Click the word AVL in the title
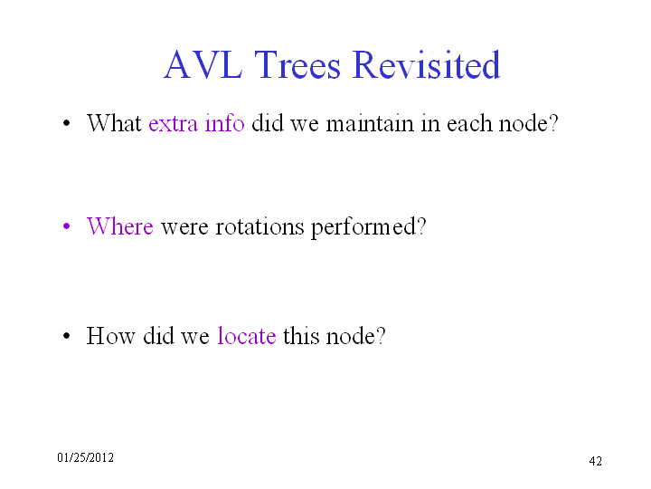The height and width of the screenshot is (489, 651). pyautogui.click(x=203, y=64)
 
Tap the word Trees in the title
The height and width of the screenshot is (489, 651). pyautogui.click(x=297, y=64)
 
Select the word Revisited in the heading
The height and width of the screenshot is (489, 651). pyautogui.click(x=427, y=64)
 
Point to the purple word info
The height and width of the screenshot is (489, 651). pyautogui.click(x=224, y=123)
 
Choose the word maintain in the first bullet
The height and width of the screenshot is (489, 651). pyautogui.click(x=370, y=123)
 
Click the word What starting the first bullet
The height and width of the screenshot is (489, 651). pyautogui.click(x=114, y=123)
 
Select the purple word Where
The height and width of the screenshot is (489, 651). pyautogui.click(x=120, y=226)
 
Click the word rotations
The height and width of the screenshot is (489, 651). pyautogui.click(x=259, y=227)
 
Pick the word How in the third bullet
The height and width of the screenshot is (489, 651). pyautogui.click(x=111, y=336)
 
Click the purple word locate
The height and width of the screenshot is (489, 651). pyautogui.click(x=247, y=336)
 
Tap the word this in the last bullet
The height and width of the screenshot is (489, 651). pyautogui.click(x=301, y=336)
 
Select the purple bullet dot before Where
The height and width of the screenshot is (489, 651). pyautogui.click(x=66, y=226)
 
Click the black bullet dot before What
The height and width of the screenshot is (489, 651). pyautogui.click(x=66, y=123)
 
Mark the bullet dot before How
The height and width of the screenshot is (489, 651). pyautogui.click(x=66, y=336)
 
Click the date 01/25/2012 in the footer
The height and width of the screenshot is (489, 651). pyautogui.click(x=86, y=458)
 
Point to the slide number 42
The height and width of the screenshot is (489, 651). pyautogui.click(x=595, y=461)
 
